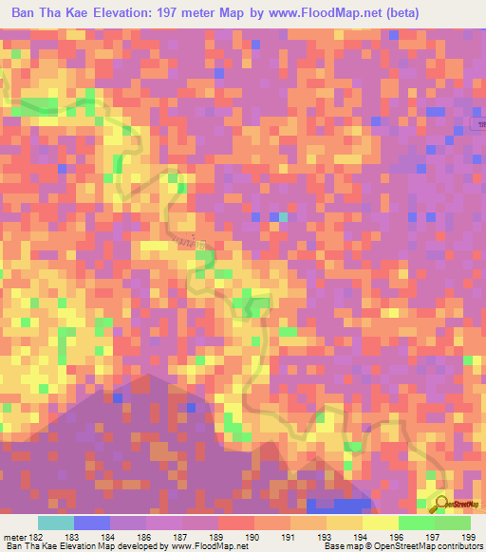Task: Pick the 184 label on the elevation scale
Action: pos(111,537)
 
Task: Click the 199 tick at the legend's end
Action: pos(462,537)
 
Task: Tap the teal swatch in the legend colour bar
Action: pos(56,523)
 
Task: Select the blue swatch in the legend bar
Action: pos(92,523)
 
